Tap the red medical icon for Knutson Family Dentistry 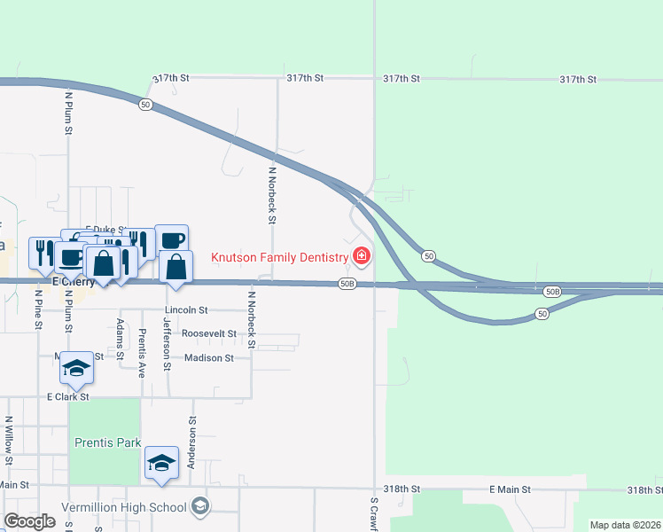pos(361,257)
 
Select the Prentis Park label pos(107,442)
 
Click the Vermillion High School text pos(124,507)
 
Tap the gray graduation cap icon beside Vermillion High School pos(201,506)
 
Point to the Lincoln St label pos(185,310)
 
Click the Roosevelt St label pos(208,334)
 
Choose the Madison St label pos(208,358)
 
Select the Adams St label pos(121,339)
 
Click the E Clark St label pos(68,397)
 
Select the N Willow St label pos(8,442)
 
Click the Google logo pos(29,521)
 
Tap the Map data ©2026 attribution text pos(624,525)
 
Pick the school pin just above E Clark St pos(77,369)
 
